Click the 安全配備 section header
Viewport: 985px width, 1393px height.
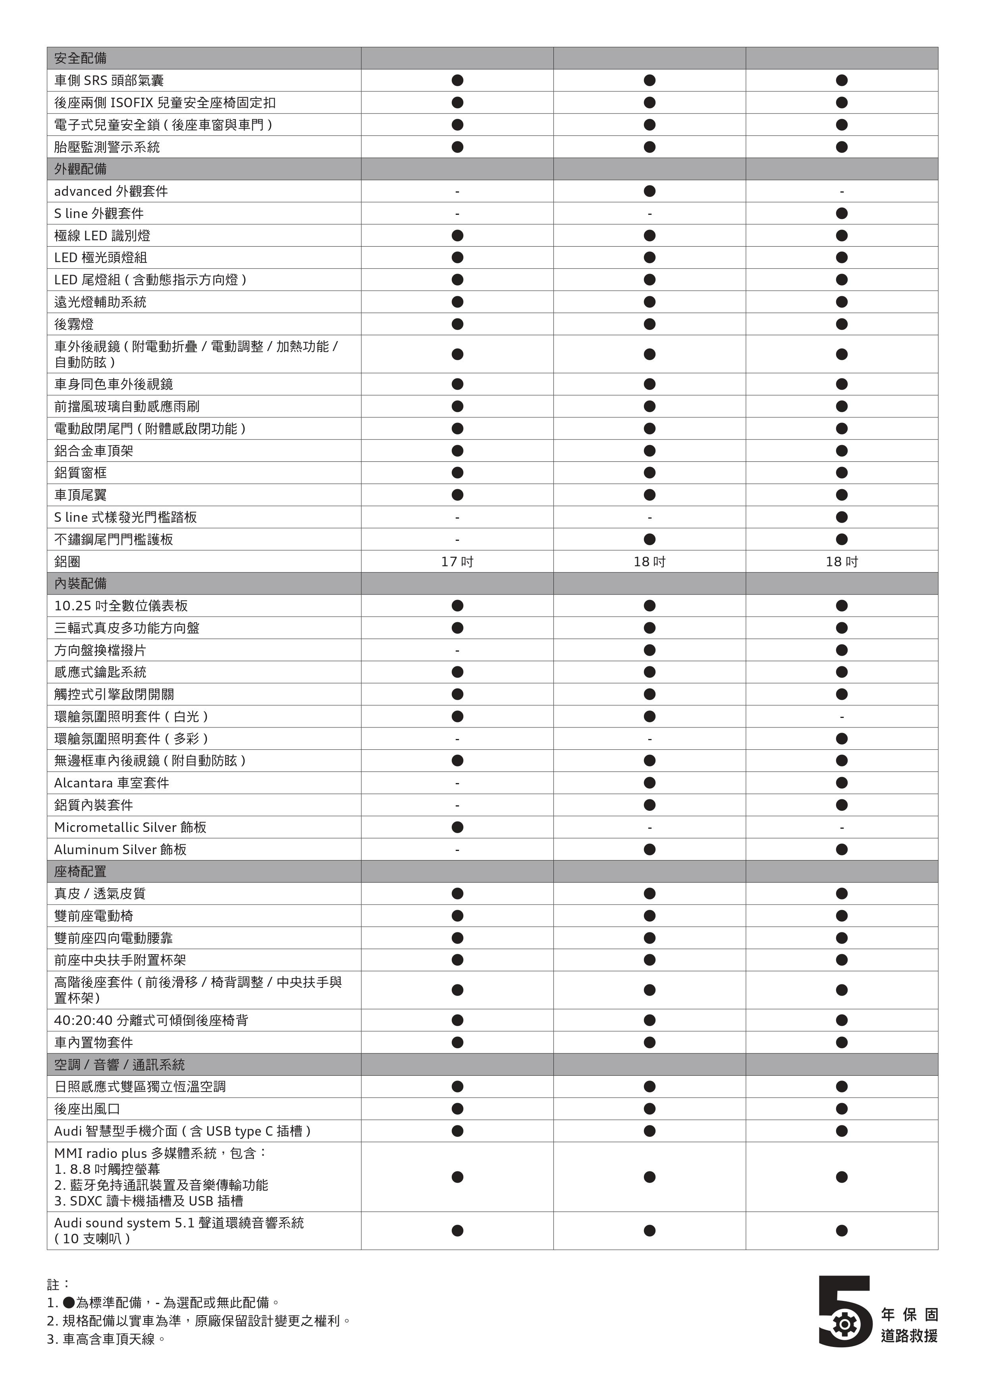tap(81, 58)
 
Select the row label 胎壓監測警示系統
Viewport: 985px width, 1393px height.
tap(107, 147)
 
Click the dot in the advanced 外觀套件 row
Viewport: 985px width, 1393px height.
tap(650, 191)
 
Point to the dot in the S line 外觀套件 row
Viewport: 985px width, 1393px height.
tap(841, 214)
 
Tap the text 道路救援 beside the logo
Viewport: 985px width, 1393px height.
tap(909, 1335)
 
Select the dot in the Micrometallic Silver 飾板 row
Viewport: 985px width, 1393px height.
tap(457, 827)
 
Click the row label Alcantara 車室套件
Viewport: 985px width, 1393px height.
tap(112, 783)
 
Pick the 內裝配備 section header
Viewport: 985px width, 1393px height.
tap(81, 584)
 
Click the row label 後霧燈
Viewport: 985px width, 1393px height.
tap(74, 324)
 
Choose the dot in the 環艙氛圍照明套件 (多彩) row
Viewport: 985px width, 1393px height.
tap(841, 738)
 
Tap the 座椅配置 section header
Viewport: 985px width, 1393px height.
tap(81, 871)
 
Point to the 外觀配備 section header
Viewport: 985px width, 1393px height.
tap(81, 169)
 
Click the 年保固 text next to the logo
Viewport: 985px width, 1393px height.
tap(909, 1315)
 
